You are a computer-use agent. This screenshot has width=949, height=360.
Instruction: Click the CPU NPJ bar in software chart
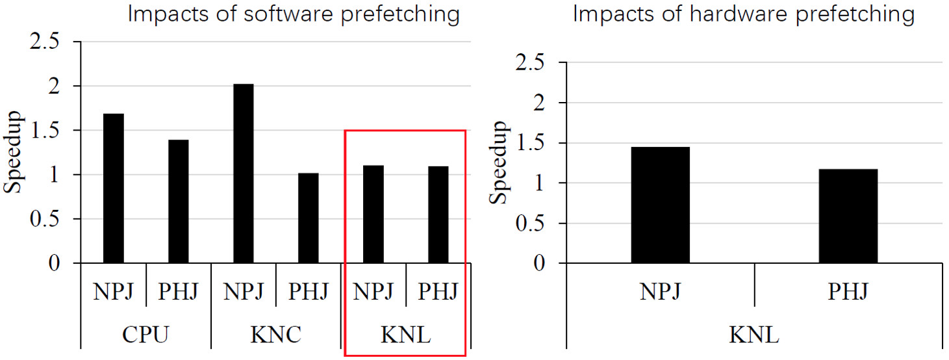point(114,188)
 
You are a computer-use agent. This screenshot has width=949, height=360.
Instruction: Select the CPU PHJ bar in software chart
point(179,201)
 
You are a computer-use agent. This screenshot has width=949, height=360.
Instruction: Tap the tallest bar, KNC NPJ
point(244,174)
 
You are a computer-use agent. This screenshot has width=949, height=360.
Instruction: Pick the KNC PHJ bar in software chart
point(309,218)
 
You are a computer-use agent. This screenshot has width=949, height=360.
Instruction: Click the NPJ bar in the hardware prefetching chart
point(660,205)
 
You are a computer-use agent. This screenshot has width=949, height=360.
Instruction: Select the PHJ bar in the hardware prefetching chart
point(848,216)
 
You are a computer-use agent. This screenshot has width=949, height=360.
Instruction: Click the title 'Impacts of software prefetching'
point(294,14)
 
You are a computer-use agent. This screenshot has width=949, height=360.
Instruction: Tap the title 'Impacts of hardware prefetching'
point(743,14)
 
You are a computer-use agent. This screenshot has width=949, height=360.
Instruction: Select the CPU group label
point(146,335)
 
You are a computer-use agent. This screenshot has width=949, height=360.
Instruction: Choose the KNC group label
point(275,335)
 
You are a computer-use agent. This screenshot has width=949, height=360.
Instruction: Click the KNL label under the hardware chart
point(754,335)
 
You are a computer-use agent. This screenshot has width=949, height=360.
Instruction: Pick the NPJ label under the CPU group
point(113,292)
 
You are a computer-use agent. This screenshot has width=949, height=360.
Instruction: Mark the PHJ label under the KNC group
point(309,292)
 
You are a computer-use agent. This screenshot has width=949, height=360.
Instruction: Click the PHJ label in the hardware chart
point(848,292)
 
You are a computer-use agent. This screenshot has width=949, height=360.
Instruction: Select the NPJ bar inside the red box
point(373,214)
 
